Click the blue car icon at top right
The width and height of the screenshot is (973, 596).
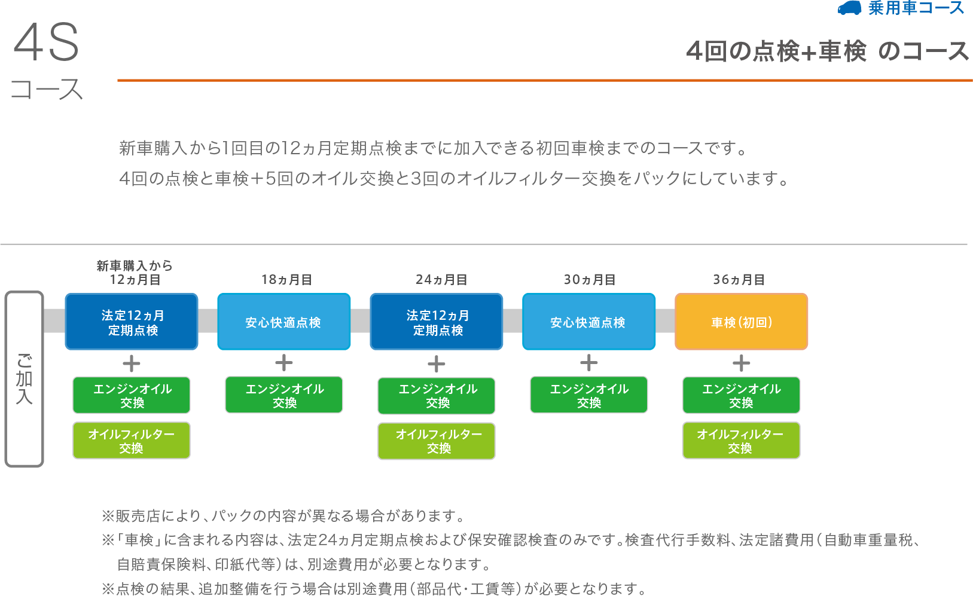(849, 8)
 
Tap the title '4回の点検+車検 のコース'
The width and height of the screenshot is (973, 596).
(827, 51)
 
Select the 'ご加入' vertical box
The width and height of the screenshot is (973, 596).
(24, 379)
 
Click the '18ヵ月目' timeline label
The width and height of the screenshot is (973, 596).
(286, 280)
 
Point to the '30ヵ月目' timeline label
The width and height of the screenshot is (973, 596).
(590, 280)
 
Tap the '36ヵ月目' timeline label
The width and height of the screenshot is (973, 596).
(739, 280)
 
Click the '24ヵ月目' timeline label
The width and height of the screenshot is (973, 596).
(441, 280)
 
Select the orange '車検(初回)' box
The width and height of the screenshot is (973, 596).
(741, 322)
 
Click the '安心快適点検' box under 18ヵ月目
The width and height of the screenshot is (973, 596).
(283, 322)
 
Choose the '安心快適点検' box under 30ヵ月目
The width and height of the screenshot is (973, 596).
(588, 322)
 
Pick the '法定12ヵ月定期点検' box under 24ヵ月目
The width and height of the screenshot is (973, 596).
(437, 322)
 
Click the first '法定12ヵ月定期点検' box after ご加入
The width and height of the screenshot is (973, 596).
(132, 322)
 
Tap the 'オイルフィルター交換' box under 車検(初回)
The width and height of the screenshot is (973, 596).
(741, 441)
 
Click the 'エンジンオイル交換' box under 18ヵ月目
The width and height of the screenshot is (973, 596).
(284, 395)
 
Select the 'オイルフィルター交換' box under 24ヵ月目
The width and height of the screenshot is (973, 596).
(437, 441)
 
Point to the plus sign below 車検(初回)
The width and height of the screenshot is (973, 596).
(742, 363)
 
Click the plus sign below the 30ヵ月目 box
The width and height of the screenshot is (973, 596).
(589, 363)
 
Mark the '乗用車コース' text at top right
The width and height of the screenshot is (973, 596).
(916, 8)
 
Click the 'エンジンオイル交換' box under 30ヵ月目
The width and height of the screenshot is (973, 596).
(589, 395)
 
